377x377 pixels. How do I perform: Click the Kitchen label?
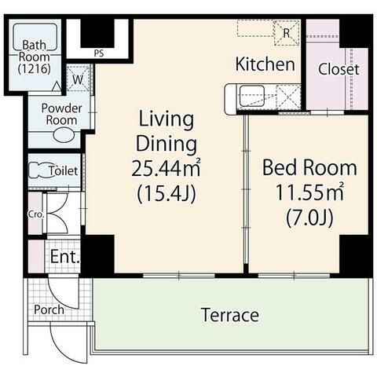pyautogui.click(x=265, y=64)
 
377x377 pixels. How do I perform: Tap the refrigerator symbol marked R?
pyautogui.click(x=287, y=33)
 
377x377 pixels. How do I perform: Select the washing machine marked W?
pyautogui.click(x=78, y=79)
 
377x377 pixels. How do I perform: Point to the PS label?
pyautogui.click(x=99, y=53)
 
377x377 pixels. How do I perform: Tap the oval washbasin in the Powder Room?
pyautogui.click(x=64, y=135)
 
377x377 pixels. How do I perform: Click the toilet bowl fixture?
pyautogui.click(x=38, y=170)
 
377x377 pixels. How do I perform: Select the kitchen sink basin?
pyautogui.click(x=252, y=96)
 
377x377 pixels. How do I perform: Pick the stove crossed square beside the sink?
pyautogui.click(x=288, y=96)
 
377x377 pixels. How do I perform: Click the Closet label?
pyautogui.click(x=339, y=69)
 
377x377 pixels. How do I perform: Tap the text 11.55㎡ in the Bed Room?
pyautogui.click(x=309, y=192)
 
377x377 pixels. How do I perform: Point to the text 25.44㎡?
pyautogui.click(x=166, y=168)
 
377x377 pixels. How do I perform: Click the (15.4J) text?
pyautogui.click(x=167, y=194)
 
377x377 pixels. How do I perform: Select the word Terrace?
pyautogui.click(x=230, y=315)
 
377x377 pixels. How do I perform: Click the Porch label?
pyautogui.click(x=49, y=309)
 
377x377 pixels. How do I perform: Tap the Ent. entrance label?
pyautogui.click(x=65, y=257)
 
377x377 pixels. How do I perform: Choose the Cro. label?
pyautogui.click(x=36, y=214)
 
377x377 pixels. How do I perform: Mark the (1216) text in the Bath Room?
pyautogui.click(x=35, y=69)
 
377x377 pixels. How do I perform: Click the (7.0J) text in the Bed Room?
pyautogui.click(x=309, y=218)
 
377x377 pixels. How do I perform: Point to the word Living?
pyautogui.click(x=166, y=119)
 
